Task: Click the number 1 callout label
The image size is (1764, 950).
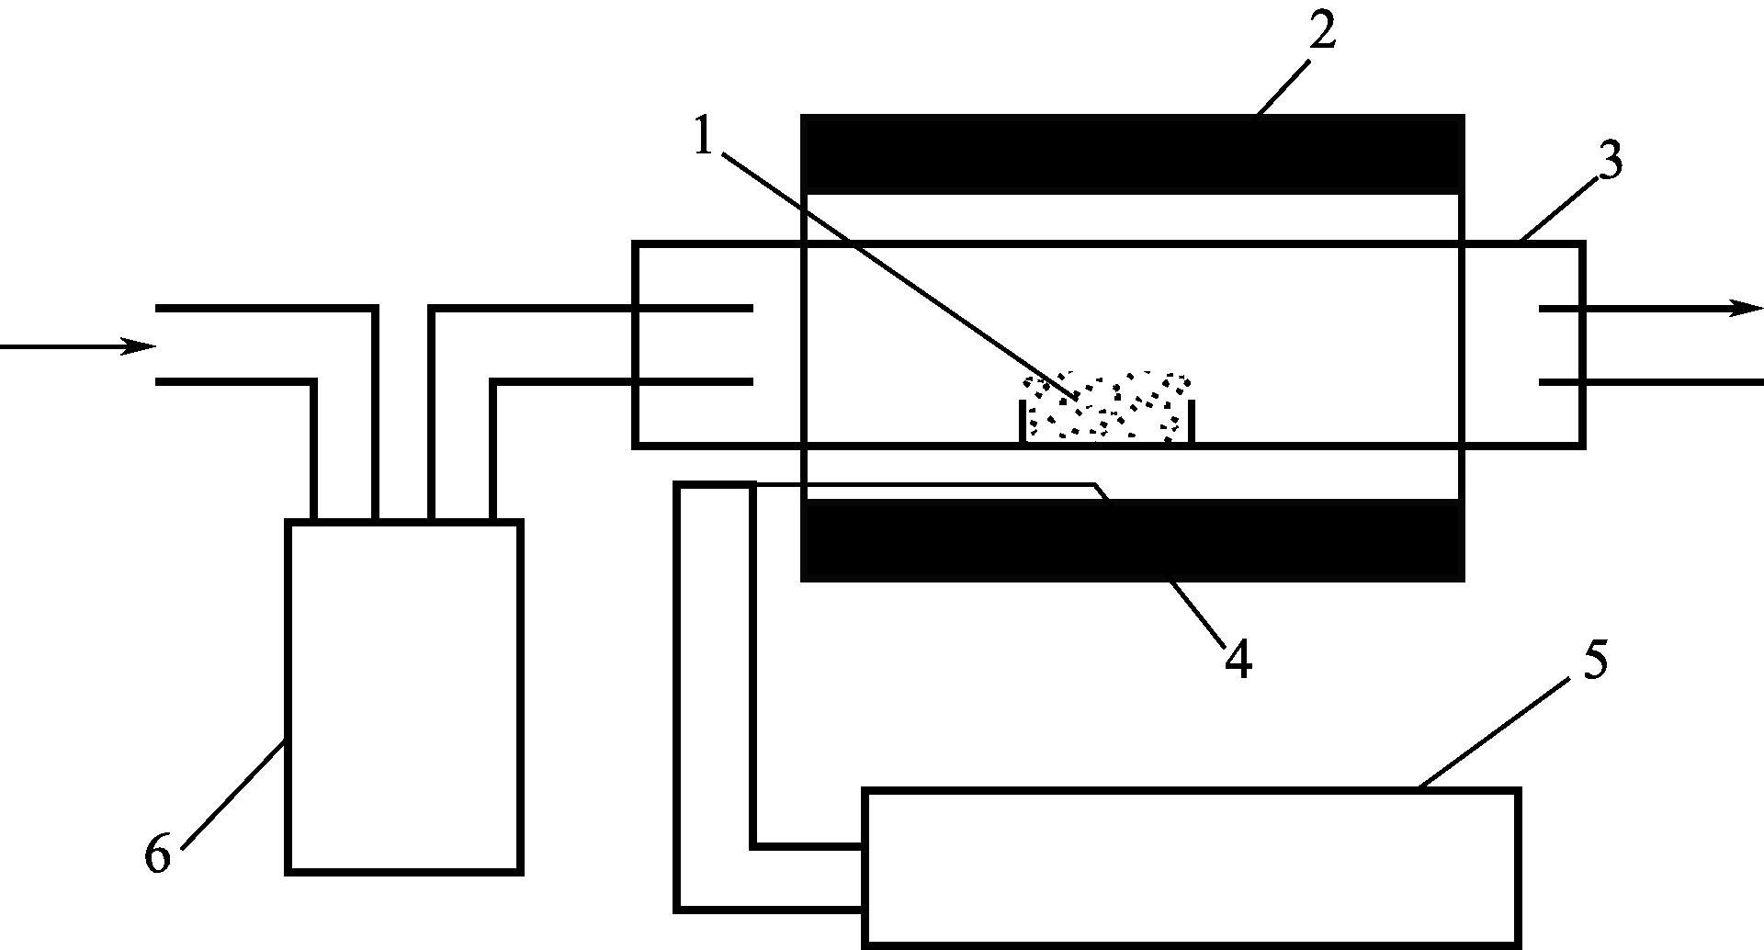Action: tap(704, 138)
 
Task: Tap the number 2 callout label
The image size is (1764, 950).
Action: tap(1321, 32)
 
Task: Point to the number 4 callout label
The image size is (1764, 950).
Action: tap(1238, 659)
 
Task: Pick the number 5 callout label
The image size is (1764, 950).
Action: tap(1595, 662)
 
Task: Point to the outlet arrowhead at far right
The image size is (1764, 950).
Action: tap(1746, 309)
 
